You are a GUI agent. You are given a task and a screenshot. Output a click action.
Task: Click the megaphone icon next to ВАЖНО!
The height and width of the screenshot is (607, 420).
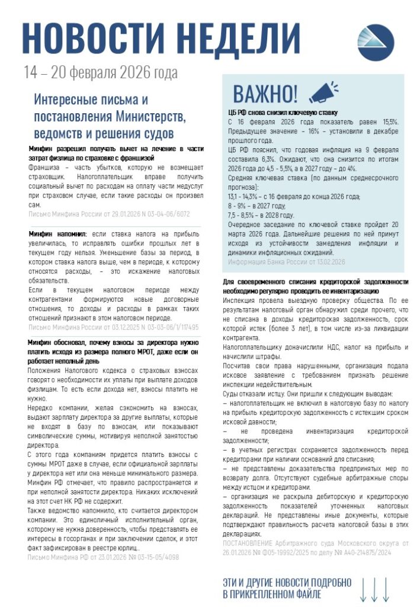323,92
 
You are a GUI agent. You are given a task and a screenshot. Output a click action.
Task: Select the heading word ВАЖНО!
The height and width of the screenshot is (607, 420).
265,94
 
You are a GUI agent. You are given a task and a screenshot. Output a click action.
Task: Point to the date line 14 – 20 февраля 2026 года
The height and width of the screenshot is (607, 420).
101,74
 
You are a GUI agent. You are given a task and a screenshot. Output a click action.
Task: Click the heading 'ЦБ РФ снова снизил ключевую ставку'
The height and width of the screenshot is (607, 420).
283,112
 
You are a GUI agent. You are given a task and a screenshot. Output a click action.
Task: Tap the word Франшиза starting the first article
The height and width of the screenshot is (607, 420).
46,168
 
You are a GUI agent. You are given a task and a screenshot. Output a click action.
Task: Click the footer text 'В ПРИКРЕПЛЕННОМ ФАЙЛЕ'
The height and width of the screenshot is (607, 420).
272,593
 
